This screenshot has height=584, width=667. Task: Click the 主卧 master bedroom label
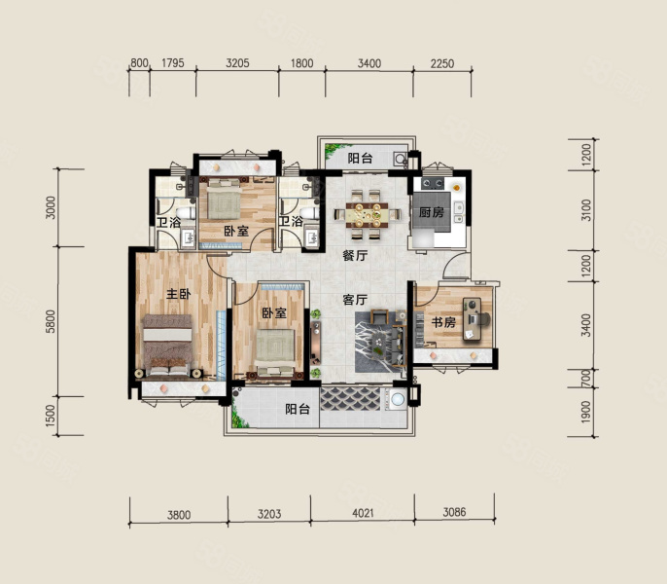pyautogui.click(x=178, y=294)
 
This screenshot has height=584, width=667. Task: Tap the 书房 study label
pyautogui.click(x=443, y=322)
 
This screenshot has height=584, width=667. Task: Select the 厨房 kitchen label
pyautogui.click(x=432, y=212)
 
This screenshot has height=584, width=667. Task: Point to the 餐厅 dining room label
pyautogui.click(x=355, y=256)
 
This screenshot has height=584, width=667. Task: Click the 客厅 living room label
pyautogui.click(x=355, y=300)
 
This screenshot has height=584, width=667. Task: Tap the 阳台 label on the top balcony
pyautogui.click(x=360, y=159)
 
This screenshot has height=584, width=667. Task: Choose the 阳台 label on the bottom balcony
pyautogui.click(x=298, y=410)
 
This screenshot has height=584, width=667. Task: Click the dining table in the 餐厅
pyautogui.click(x=368, y=214)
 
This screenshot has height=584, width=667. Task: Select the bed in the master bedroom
pyautogui.click(x=167, y=346)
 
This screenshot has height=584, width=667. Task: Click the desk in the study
pyautogui.click(x=472, y=319)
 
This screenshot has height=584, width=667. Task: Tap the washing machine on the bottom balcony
pyautogui.click(x=397, y=400)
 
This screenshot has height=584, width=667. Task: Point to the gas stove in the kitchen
pyautogui.click(x=432, y=184)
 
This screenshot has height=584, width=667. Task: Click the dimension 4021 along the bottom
pyautogui.click(x=363, y=513)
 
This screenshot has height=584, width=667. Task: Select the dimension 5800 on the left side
pyautogui.click(x=51, y=321)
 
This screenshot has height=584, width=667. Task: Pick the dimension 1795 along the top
pyautogui.click(x=173, y=63)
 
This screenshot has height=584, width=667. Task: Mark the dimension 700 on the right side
pyautogui.click(x=586, y=378)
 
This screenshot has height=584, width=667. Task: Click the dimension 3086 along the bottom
pyautogui.click(x=454, y=512)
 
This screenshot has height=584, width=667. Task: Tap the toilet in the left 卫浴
pyautogui.click(x=185, y=212)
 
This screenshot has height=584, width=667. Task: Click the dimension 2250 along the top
pyautogui.click(x=442, y=63)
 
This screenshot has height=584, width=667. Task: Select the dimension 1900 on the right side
pyautogui.click(x=586, y=412)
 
